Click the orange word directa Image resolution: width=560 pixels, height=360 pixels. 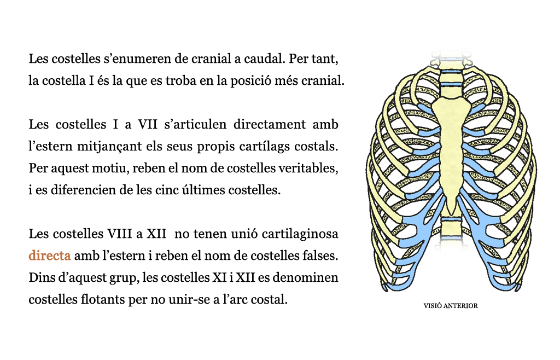point(50,256)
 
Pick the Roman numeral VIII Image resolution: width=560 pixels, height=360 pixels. point(120,234)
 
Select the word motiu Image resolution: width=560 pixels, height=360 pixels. point(110,168)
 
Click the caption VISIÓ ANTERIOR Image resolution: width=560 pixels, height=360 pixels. point(451,306)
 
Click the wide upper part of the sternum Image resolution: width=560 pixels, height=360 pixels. point(451,111)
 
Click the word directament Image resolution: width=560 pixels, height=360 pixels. point(270,124)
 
